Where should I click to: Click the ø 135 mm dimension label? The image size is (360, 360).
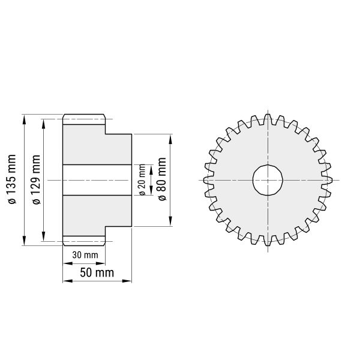12,179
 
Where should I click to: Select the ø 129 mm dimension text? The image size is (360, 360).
36,179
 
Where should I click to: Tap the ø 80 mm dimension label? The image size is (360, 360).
162,179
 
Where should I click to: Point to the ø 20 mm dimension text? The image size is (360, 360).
142,180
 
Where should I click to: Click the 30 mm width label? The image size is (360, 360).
85,255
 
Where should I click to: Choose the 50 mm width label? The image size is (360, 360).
97,273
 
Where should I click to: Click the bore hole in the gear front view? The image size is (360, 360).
268,180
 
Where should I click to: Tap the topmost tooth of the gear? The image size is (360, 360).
268,119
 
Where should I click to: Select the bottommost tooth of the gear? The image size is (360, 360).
268,241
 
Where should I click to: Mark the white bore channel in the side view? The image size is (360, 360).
97,180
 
